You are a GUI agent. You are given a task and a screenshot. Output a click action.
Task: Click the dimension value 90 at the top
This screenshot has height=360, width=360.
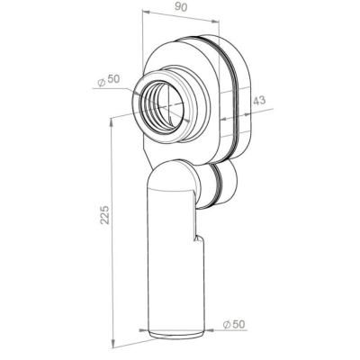[x=181, y=7]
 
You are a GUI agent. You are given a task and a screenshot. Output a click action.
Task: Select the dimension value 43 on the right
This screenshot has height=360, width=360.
[x=259, y=100]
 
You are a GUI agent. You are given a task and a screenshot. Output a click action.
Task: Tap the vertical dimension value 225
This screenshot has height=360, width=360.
[x=104, y=214]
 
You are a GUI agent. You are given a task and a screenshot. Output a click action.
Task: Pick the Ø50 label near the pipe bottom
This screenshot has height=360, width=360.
[x=234, y=324]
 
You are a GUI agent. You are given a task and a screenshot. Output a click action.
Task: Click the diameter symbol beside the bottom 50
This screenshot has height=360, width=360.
[x=227, y=324]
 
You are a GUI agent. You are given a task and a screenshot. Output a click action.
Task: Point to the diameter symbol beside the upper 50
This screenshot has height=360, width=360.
[x=102, y=82]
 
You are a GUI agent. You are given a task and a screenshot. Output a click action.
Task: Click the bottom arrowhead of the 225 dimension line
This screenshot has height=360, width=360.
[x=112, y=344]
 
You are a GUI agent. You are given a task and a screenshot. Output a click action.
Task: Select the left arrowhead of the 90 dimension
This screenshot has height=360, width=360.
[x=146, y=12]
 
